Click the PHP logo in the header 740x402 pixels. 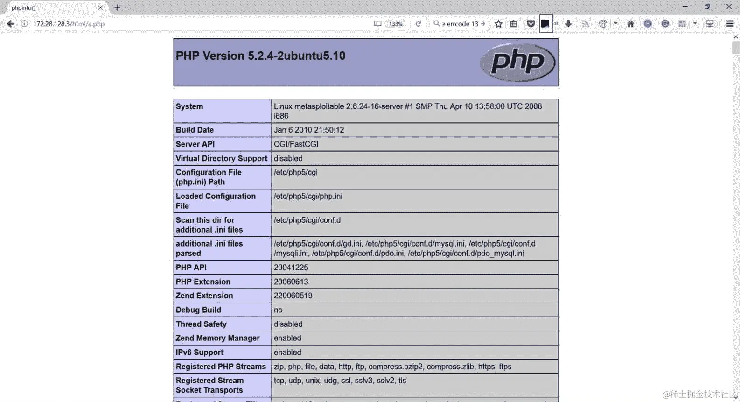(x=517, y=62)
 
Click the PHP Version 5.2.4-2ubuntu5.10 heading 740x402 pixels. (x=260, y=56)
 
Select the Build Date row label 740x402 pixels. (x=195, y=130)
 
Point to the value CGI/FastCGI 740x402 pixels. (x=296, y=144)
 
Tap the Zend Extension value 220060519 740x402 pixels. (x=293, y=296)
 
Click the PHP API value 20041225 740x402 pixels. (x=291, y=268)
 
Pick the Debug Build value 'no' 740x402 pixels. (x=278, y=310)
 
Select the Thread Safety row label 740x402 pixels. (x=201, y=324)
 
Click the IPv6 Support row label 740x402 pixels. (x=199, y=353)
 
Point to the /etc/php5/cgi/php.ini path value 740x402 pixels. (x=308, y=196)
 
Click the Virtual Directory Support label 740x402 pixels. (x=221, y=158)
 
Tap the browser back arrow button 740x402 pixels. (x=10, y=24)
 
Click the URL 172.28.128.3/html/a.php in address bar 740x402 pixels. (x=69, y=24)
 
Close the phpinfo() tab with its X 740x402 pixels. (x=100, y=8)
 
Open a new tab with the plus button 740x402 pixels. (x=117, y=8)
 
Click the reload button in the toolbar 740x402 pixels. (x=418, y=24)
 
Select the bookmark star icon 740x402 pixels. (x=498, y=24)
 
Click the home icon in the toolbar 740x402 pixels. (x=630, y=24)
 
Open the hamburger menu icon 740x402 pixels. (x=730, y=24)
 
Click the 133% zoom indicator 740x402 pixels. (x=396, y=24)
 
